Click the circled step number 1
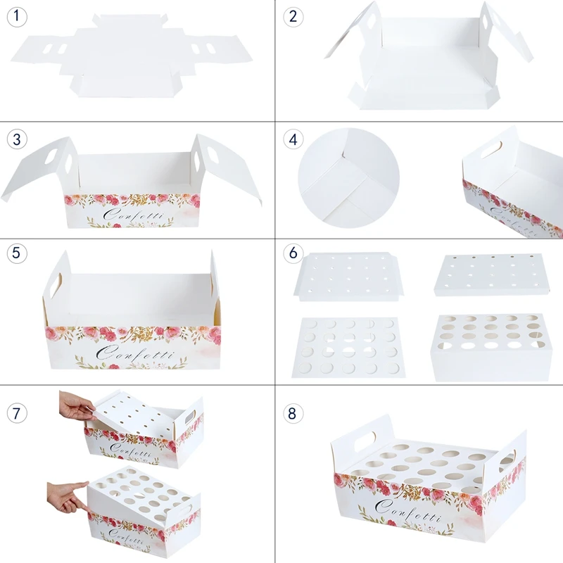click(x=17, y=17)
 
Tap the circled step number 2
click(x=293, y=17)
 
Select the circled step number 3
click(x=17, y=139)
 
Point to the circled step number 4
click(x=293, y=139)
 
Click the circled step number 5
click(x=17, y=253)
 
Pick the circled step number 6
click(x=293, y=253)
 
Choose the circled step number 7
click(x=17, y=413)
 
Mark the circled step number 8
click(x=293, y=413)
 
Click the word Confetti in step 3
click(x=133, y=215)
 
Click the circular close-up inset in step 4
click(x=348, y=178)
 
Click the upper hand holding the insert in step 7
click(x=77, y=405)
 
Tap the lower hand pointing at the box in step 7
click(x=68, y=498)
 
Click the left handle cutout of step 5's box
click(x=56, y=286)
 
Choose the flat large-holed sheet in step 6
click(x=348, y=347)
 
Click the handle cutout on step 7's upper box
click(x=189, y=417)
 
